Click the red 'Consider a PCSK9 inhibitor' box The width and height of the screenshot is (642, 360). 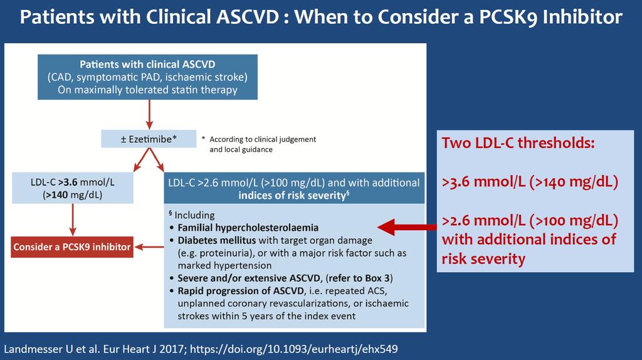[72, 247]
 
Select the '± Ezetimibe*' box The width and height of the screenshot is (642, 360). [149, 139]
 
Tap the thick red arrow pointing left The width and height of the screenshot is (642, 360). [406, 227]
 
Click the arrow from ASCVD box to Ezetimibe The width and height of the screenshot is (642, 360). [149, 115]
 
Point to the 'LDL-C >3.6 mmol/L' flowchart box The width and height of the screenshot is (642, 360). [73, 188]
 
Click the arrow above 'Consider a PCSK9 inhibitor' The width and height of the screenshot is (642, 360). [73, 220]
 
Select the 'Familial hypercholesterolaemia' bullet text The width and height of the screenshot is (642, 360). [248, 228]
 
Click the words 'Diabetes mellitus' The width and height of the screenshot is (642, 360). [216, 240]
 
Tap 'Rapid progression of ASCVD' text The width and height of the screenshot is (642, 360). [241, 291]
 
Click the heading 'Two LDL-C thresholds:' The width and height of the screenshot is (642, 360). [518, 143]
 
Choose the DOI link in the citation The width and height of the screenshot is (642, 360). [294, 349]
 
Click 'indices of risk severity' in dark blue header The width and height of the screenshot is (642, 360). [292, 195]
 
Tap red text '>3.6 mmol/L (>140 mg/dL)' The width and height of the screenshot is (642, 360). [530, 182]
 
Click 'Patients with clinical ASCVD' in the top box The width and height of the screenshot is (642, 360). [147, 65]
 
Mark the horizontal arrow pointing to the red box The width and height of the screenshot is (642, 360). [149, 247]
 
